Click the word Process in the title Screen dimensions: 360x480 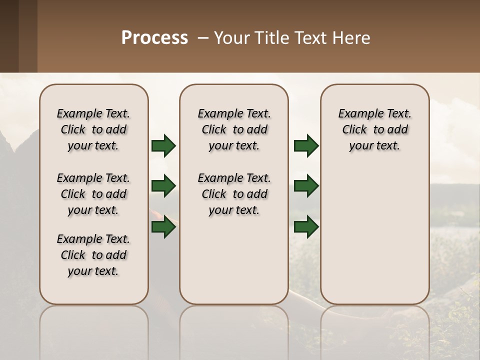click(154, 38)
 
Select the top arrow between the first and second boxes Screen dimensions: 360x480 click(163, 145)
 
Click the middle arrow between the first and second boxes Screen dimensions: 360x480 click(163, 186)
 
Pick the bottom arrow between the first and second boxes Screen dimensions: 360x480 click(163, 227)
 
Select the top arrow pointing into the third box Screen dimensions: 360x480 click(306, 145)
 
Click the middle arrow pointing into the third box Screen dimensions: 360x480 click(306, 186)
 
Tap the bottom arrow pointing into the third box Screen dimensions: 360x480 click(306, 227)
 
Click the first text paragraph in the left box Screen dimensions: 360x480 click(93, 129)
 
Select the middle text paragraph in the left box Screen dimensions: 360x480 click(93, 194)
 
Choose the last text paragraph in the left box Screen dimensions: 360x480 click(93, 255)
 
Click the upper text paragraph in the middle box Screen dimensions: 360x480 click(234, 129)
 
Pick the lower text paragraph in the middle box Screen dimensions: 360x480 click(234, 194)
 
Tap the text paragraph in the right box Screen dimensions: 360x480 click(374, 129)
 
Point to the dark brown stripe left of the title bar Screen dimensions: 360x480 click(9, 36)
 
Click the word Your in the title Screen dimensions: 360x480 click(229, 38)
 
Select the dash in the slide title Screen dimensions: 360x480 click(203, 38)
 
